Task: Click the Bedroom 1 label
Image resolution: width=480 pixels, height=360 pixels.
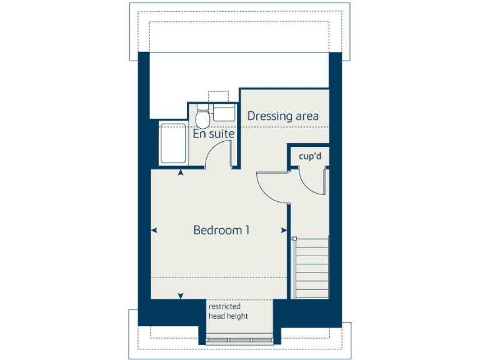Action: pos(221,230)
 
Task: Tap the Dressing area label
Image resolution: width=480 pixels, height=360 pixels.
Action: pos(283,116)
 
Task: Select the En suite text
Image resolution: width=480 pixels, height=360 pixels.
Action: pos(214,134)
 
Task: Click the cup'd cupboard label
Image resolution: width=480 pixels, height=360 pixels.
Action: pos(309,156)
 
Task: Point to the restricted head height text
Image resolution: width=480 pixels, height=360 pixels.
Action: pos(228,311)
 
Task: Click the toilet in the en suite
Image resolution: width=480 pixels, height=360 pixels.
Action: pos(202,117)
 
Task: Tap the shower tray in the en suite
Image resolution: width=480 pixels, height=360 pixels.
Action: pos(171,144)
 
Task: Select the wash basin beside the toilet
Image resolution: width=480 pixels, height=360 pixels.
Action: pos(223,112)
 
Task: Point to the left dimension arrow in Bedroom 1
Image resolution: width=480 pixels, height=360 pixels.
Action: pos(154,231)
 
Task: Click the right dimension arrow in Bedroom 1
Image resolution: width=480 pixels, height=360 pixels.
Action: pos(285,231)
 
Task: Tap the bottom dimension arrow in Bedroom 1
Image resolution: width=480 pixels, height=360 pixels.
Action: pos(181,296)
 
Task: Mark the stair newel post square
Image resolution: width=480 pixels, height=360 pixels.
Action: pos(294,239)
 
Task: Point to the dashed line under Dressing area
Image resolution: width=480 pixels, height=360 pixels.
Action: pos(285,127)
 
